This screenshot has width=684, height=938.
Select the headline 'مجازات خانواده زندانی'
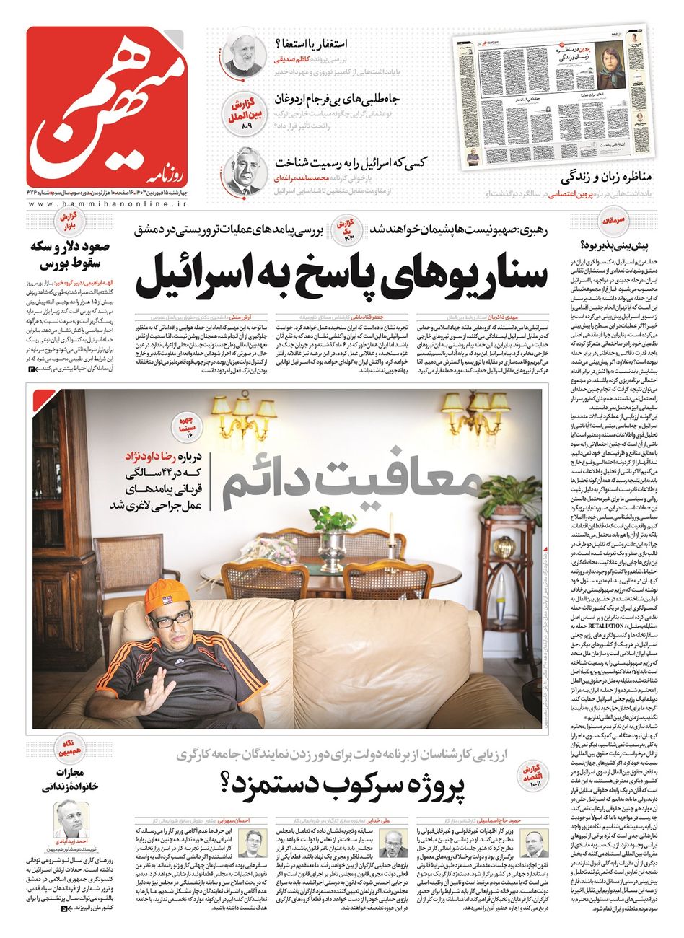pos(63,781)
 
